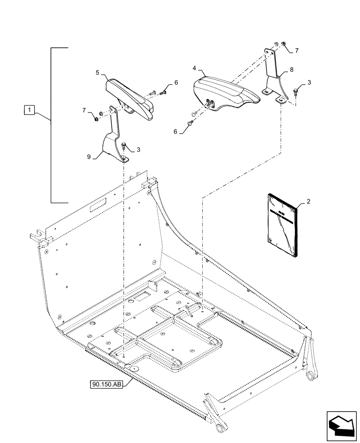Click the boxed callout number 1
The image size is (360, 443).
[28, 109]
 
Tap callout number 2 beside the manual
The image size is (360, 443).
[308, 201]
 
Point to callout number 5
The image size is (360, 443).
[97, 71]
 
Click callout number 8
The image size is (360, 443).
[291, 70]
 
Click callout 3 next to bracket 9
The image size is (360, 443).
[139, 150]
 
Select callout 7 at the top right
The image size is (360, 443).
[297, 51]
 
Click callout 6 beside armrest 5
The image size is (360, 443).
[176, 83]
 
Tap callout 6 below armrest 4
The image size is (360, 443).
[175, 132]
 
